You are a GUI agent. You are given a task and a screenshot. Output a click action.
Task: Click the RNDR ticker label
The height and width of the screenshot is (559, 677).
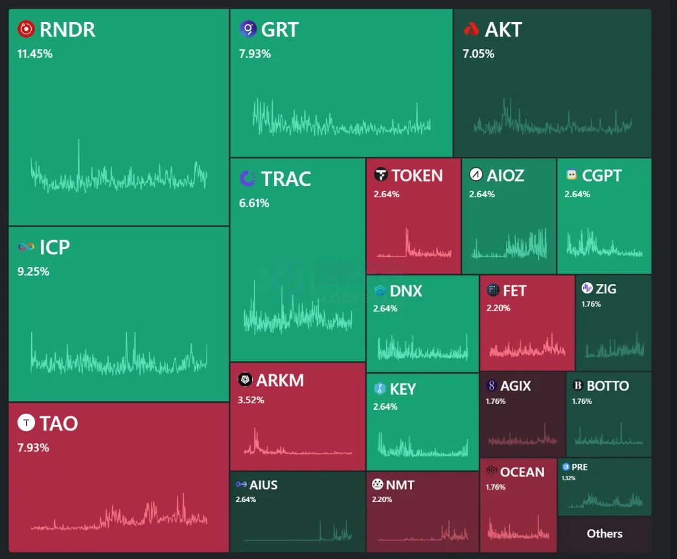[x=67, y=29]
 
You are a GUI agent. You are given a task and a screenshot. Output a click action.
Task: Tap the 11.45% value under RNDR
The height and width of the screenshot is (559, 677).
[x=35, y=54]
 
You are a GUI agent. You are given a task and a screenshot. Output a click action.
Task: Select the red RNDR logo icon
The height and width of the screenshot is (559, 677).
[x=26, y=29]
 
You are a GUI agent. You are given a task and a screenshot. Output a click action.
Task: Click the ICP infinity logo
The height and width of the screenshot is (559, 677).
[x=26, y=247]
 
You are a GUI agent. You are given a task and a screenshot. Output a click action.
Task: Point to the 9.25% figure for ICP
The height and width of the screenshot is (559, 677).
[x=33, y=272]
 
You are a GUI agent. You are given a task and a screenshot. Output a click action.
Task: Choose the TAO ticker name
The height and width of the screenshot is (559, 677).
[x=58, y=423]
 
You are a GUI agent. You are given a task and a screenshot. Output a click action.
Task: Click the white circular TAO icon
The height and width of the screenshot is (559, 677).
[x=26, y=423]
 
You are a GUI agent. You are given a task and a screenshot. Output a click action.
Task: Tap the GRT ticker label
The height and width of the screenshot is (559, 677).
[x=280, y=29]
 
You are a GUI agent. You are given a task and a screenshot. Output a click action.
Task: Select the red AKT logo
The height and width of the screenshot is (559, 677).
[x=471, y=29]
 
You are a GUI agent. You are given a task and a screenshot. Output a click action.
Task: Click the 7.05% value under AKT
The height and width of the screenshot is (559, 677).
[x=478, y=54]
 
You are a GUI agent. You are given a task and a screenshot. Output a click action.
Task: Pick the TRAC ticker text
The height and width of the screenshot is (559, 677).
[x=286, y=178]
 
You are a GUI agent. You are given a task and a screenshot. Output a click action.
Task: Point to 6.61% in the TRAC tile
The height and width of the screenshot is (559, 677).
[x=254, y=203]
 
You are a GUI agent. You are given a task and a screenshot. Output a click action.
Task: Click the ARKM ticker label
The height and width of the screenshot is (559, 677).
[x=280, y=380]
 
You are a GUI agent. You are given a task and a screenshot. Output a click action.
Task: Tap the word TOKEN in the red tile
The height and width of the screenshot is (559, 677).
[x=417, y=175]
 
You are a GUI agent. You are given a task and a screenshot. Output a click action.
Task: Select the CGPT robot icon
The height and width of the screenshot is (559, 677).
[x=571, y=175]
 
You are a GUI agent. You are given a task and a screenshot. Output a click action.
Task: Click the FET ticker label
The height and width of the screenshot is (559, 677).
[x=514, y=291]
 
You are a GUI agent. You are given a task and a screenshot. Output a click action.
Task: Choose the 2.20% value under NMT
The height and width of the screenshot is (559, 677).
[x=383, y=499]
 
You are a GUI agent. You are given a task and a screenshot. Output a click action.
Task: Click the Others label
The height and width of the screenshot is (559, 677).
[x=604, y=534]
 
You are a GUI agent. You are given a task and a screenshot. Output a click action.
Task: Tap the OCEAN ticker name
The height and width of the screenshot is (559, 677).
[x=522, y=471]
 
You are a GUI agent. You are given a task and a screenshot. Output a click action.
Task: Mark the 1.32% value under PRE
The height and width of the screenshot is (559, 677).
[x=568, y=478]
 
